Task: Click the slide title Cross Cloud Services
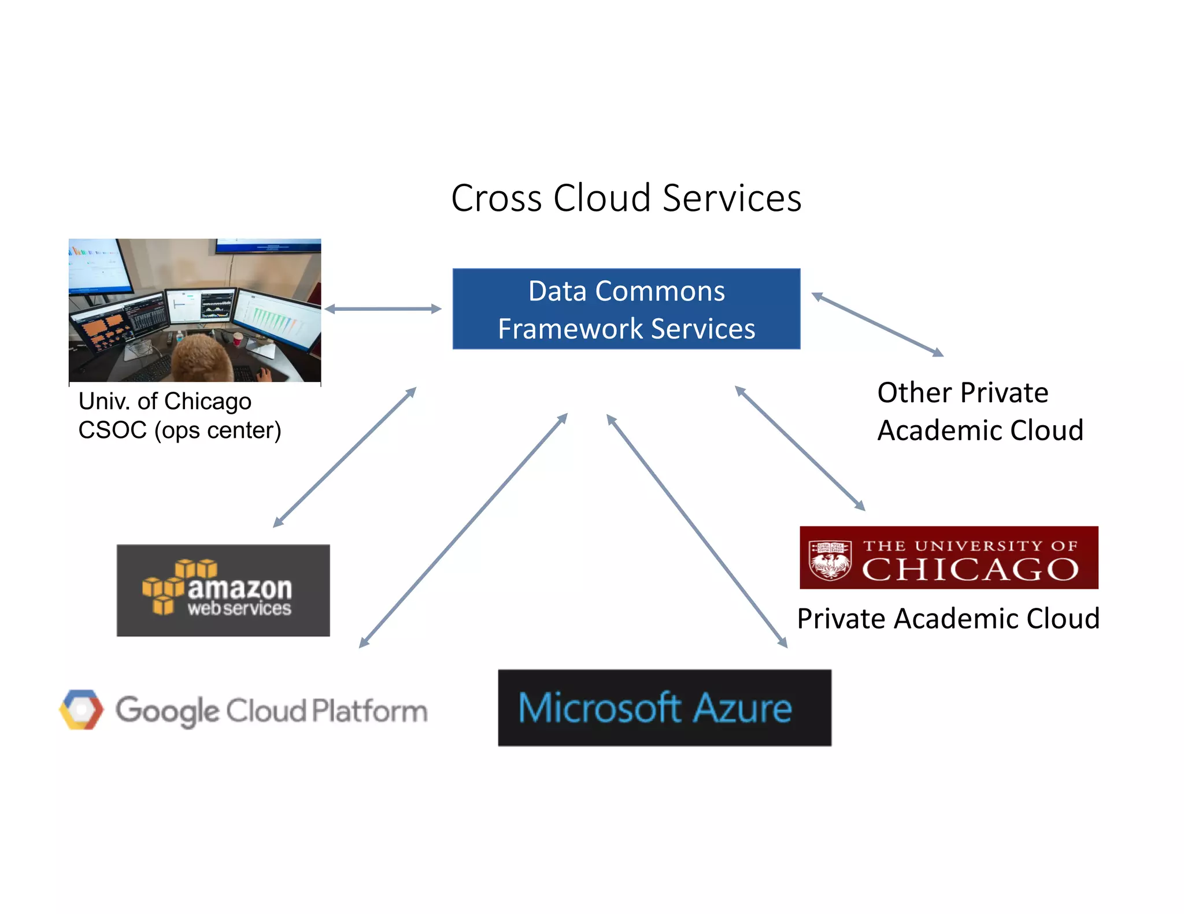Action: [x=626, y=198]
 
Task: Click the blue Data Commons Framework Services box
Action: [x=626, y=309]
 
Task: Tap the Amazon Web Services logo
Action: [x=223, y=590]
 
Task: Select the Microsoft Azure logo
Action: [x=664, y=708]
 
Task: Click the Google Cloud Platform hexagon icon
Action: [x=82, y=709]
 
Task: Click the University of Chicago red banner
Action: [x=948, y=558]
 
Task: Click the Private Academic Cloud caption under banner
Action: [x=948, y=619]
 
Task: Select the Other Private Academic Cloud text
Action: [x=979, y=411]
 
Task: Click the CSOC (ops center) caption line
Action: [x=180, y=430]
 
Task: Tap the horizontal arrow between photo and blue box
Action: [x=383, y=309]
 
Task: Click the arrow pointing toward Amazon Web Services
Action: [x=345, y=457]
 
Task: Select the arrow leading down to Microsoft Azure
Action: [x=697, y=531]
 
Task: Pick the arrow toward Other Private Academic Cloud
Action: [x=877, y=325]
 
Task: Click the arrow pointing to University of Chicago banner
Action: [x=800, y=448]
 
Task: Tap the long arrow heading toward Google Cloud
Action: [x=463, y=530]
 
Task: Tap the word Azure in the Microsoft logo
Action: [x=742, y=708]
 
